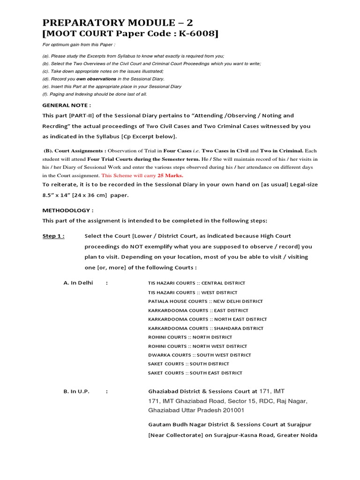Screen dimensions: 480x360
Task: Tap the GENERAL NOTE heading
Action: point(67,105)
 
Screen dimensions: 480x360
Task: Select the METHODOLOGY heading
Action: point(68,210)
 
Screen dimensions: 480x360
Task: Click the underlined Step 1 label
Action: point(53,236)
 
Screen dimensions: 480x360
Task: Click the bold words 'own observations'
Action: point(97,79)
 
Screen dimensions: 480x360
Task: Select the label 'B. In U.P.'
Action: point(76,391)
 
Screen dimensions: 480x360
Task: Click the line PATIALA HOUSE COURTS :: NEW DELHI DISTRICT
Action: point(205,301)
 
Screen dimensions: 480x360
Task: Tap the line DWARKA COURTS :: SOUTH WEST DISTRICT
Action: point(199,355)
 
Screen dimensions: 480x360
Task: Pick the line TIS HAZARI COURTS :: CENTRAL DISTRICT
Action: point(196,283)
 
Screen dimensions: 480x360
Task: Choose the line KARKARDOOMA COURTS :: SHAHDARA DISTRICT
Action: point(206,328)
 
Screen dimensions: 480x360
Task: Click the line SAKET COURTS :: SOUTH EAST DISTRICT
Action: point(195,373)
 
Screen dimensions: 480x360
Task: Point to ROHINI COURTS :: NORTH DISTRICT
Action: point(190,337)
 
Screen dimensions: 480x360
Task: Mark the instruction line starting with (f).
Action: point(94,94)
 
